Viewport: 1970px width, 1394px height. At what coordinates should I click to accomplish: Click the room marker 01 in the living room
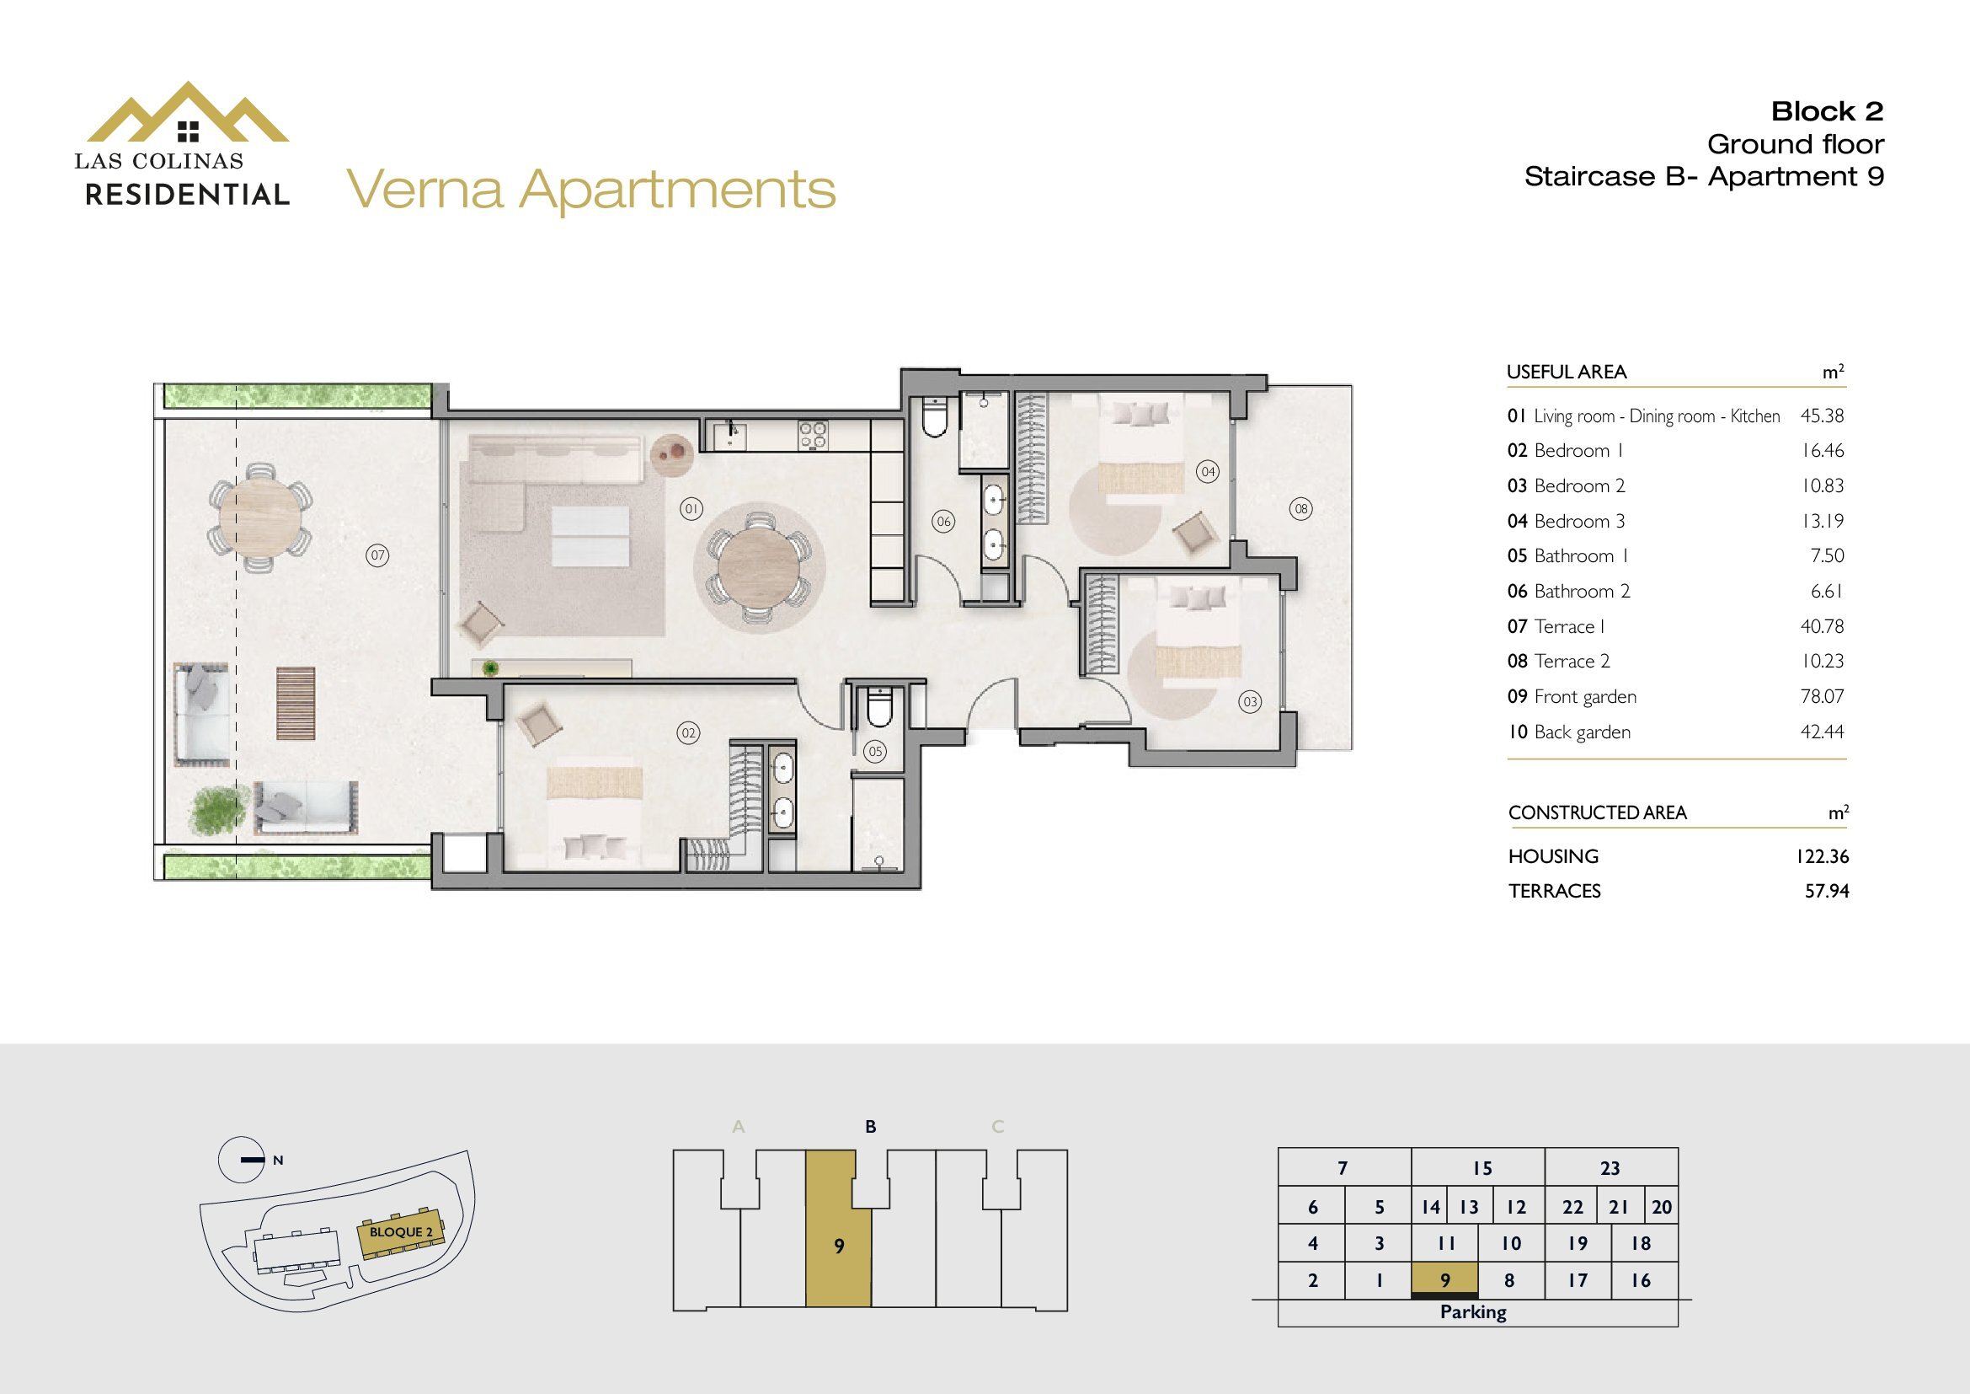(691, 509)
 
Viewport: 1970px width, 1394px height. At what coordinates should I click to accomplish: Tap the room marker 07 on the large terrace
(377, 555)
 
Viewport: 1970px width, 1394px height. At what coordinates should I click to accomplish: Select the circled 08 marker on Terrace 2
(1301, 509)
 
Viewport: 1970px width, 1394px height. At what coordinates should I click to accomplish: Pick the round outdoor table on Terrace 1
(260, 517)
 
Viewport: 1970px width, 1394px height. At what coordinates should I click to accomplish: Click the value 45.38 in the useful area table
(1822, 416)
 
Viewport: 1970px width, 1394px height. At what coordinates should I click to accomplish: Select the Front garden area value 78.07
(1822, 696)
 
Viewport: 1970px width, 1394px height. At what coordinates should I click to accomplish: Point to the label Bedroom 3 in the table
(1578, 521)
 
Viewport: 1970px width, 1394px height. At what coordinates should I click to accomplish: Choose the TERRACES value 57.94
(1827, 891)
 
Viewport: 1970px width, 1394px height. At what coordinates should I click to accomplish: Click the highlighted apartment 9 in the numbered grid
(1445, 1280)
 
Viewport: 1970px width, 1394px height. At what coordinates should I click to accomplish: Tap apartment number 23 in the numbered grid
(1610, 1168)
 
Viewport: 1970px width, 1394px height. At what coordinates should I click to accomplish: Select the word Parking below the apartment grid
(1473, 1312)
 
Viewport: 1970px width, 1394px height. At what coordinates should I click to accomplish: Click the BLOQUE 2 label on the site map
(401, 1233)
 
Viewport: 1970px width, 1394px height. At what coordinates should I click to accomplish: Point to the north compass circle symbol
(241, 1160)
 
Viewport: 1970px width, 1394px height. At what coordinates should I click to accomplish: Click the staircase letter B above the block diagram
(871, 1126)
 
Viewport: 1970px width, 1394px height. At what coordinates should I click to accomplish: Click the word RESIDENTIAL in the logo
(187, 195)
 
